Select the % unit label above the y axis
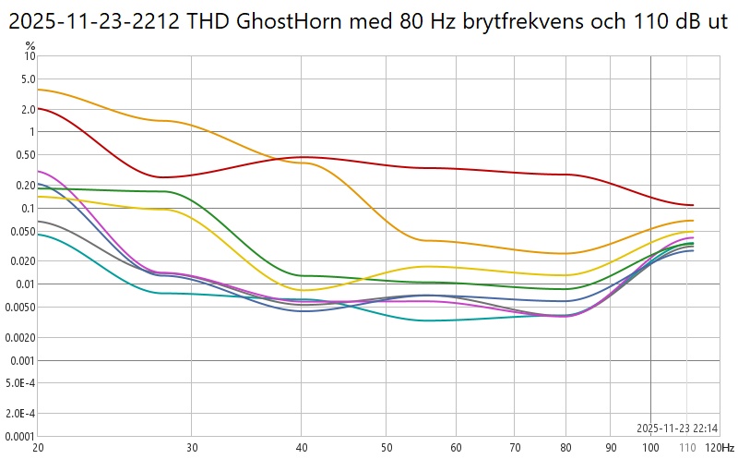point(30,45)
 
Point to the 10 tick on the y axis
point(30,56)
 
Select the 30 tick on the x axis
point(191,447)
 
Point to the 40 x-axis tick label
point(301,447)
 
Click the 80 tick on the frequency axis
point(565,447)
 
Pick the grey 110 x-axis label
point(686,447)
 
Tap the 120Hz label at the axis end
point(720,447)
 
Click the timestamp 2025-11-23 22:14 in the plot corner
point(678,428)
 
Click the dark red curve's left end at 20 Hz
point(38,108)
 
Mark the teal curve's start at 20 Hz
point(38,234)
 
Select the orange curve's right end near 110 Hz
point(693,221)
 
